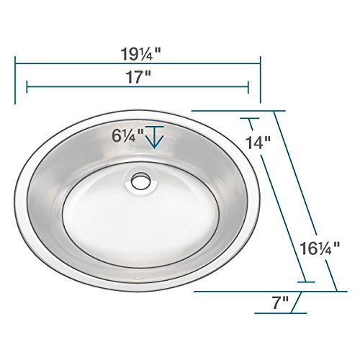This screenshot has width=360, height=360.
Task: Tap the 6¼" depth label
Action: [x=127, y=134]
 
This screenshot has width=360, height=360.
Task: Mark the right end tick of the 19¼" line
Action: [x=260, y=63]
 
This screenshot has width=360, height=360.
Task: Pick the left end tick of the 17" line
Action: [x=27, y=86]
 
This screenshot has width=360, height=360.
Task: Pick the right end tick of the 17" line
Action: [x=248, y=86]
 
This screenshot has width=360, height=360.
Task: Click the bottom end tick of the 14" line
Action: [x=306, y=282]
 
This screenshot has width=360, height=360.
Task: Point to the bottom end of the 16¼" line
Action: [x=336, y=291]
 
